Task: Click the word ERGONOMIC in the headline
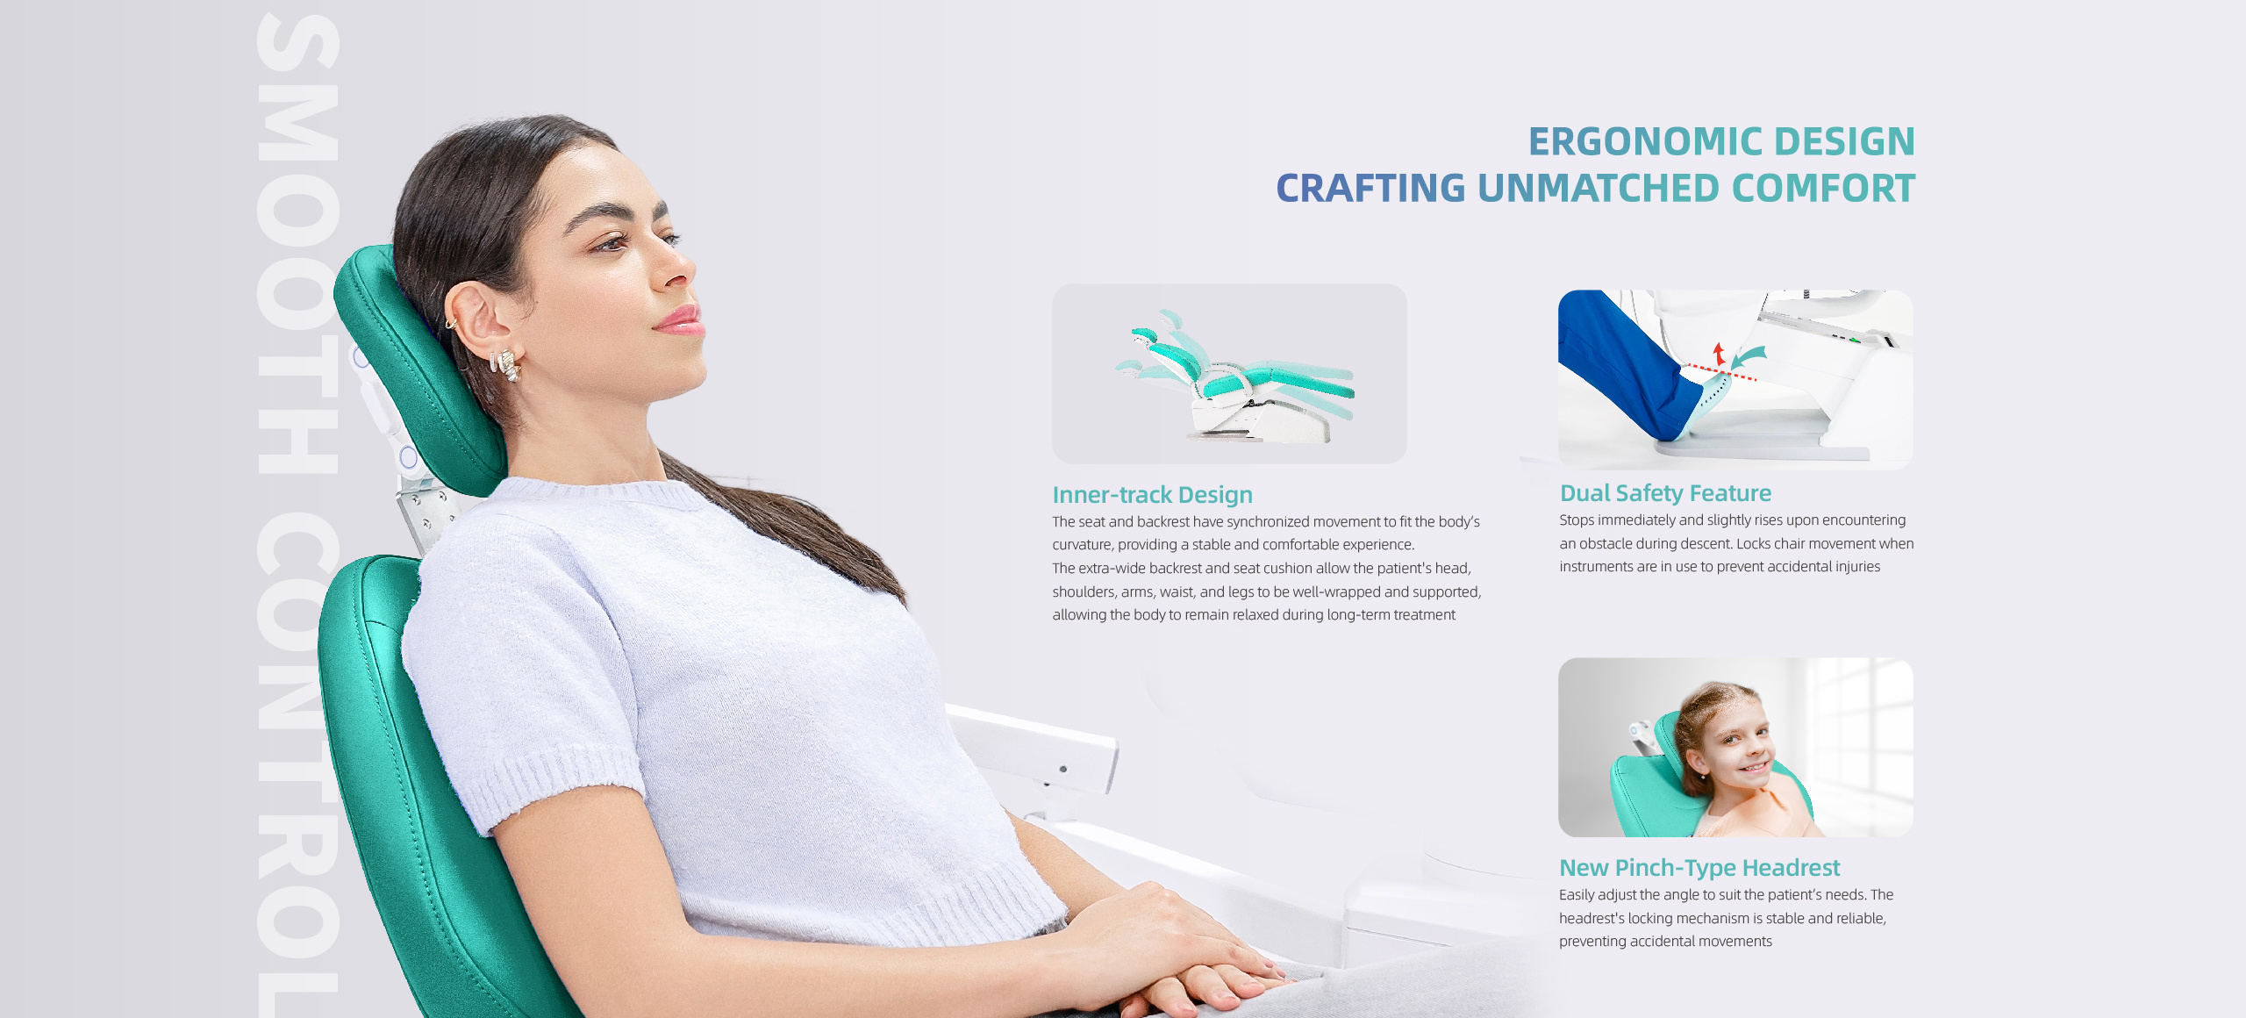1646,141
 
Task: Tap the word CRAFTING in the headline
1370,189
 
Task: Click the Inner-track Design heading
1152,495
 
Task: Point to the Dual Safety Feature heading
1665,493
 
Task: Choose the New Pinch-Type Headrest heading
1699,868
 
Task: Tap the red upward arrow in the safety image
1719,354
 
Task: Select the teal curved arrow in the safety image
1748,356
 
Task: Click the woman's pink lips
681,320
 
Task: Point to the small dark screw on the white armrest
1062,770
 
